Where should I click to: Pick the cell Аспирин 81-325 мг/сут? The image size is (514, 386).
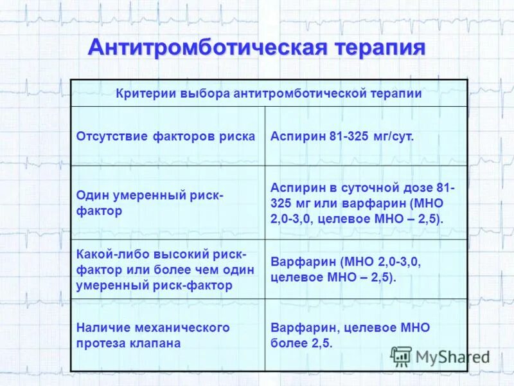click(342, 136)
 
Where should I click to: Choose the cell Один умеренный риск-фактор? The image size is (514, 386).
click(150, 202)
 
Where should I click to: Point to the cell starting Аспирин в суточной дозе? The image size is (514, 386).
click(362, 203)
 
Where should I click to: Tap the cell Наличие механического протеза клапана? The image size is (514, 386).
click(153, 335)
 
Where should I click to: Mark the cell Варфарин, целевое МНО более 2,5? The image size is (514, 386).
click(350, 335)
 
